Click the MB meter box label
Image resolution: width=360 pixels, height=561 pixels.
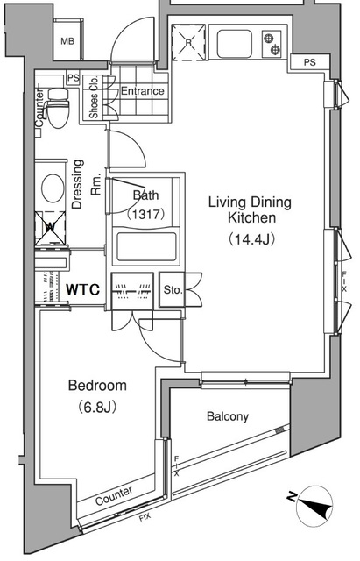click(x=67, y=41)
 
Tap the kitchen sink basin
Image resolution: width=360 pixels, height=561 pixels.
click(x=235, y=44)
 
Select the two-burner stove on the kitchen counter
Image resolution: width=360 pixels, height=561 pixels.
click(x=272, y=44)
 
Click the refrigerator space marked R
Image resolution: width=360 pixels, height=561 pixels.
click(x=188, y=43)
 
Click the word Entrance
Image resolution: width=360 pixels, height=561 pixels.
click(x=142, y=91)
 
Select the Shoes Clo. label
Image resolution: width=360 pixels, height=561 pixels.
click(x=94, y=97)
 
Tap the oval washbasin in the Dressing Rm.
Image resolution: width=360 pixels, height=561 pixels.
click(x=53, y=188)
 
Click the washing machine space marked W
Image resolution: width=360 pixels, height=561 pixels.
click(x=51, y=227)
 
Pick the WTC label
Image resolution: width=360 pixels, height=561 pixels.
click(x=82, y=289)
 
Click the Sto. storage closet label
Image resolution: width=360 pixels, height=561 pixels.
click(x=173, y=290)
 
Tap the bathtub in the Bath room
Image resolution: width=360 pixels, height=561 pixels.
click(x=146, y=247)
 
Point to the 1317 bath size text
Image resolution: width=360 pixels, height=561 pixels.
click(x=146, y=214)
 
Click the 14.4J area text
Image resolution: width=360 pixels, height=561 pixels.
click(x=251, y=239)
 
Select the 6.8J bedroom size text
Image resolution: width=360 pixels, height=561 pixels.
click(x=97, y=407)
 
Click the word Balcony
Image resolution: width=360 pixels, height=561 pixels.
click(x=228, y=416)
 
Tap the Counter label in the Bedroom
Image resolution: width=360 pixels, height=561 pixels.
click(x=114, y=495)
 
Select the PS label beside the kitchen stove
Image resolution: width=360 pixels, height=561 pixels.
click(x=310, y=62)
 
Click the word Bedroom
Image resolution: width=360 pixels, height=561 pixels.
click(x=97, y=386)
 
